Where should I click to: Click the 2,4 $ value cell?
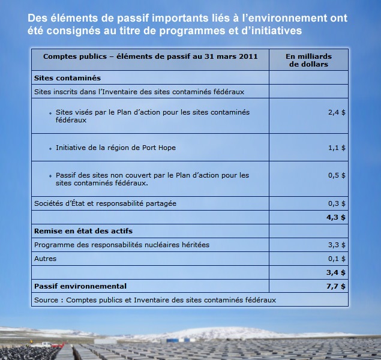click(x=337, y=112)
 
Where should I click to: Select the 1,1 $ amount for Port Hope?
click(x=337, y=148)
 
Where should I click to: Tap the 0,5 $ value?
click(x=337, y=175)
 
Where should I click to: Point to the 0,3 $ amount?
click(x=337, y=203)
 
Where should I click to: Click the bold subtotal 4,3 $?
click(x=336, y=217)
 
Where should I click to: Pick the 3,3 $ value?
click(x=337, y=245)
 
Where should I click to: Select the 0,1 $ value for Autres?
click(x=337, y=259)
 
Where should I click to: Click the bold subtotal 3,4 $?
click(x=336, y=272)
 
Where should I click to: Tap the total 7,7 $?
click(x=336, y=286)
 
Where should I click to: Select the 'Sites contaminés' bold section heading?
click(x=67, y=78)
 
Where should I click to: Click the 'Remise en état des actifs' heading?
click(x=83, y=231)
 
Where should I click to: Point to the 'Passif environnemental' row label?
click(x=80, y=286)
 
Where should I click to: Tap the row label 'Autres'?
click(x=46, y=259)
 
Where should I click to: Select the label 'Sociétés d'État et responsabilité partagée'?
click(x=105, y=203)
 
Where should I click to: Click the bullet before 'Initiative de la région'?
click(x=50, y=148)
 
